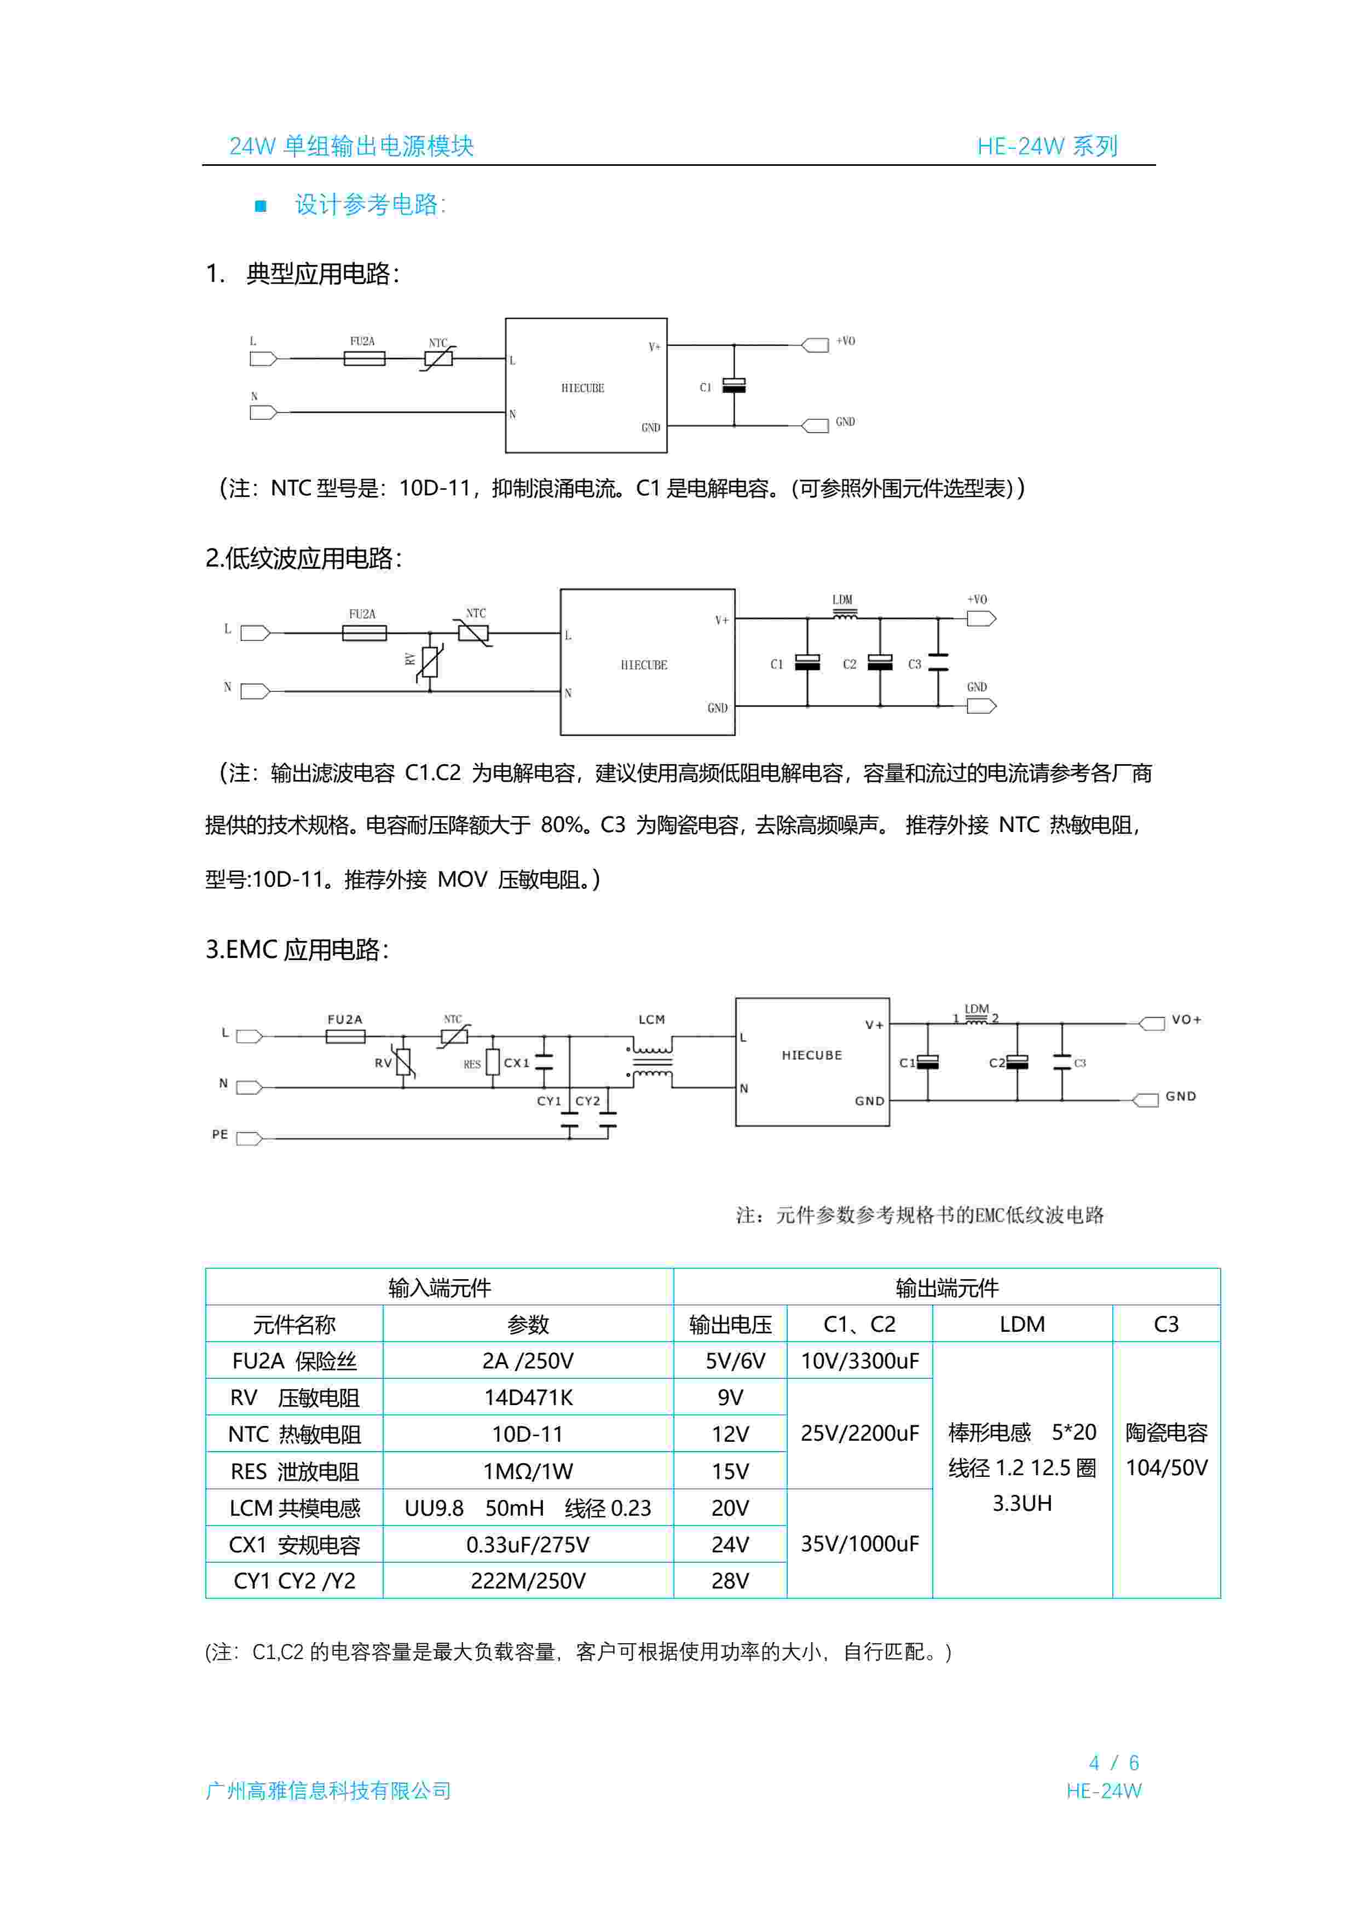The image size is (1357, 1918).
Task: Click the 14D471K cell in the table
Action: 528,1397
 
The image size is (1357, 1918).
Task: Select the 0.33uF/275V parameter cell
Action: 528,1545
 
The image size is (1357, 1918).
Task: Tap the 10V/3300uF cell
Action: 860,1361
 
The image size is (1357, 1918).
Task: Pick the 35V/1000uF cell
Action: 860,1544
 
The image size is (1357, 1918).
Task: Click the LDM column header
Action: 1022,1324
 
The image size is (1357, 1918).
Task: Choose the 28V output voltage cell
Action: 730,1580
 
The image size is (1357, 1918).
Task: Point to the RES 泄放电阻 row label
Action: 294,1471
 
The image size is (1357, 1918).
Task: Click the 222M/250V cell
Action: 528,1580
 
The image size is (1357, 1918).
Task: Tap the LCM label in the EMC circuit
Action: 652,1019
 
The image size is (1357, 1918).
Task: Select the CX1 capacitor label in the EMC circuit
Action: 516,1062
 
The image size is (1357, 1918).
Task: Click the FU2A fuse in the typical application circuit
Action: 365,359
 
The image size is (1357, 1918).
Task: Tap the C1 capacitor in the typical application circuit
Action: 734,386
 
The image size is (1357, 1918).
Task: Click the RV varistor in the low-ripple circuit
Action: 430,662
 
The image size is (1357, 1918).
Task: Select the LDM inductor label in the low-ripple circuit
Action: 842,600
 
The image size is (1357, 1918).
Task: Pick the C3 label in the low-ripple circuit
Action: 914,664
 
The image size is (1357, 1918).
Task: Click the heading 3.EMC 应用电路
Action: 297,950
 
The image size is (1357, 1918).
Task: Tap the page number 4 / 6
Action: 1114,1763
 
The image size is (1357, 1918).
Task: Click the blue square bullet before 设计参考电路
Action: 261,205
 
